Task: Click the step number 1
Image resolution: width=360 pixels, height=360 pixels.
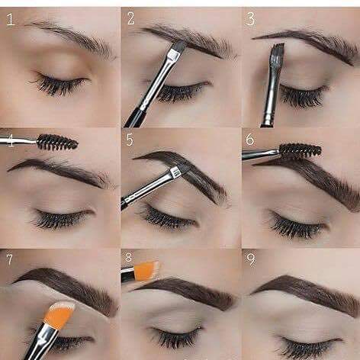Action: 10,19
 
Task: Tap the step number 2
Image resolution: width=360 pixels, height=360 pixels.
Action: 130,18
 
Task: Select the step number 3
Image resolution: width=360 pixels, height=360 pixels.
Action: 250,19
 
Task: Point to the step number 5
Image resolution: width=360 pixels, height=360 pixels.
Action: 130,140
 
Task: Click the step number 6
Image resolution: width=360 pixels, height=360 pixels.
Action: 249,139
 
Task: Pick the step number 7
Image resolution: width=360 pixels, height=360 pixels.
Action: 9,259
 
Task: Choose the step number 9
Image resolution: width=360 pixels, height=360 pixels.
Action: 250,259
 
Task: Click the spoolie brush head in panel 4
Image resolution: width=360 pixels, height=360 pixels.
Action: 57,142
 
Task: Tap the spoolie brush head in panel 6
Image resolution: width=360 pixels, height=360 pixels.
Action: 301,150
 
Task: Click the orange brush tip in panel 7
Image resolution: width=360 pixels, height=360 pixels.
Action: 59,315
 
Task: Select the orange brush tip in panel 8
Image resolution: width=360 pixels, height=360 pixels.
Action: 146,271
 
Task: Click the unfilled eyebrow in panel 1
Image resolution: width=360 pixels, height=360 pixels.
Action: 72,37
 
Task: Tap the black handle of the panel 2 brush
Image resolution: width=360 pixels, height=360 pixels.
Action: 135,117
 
